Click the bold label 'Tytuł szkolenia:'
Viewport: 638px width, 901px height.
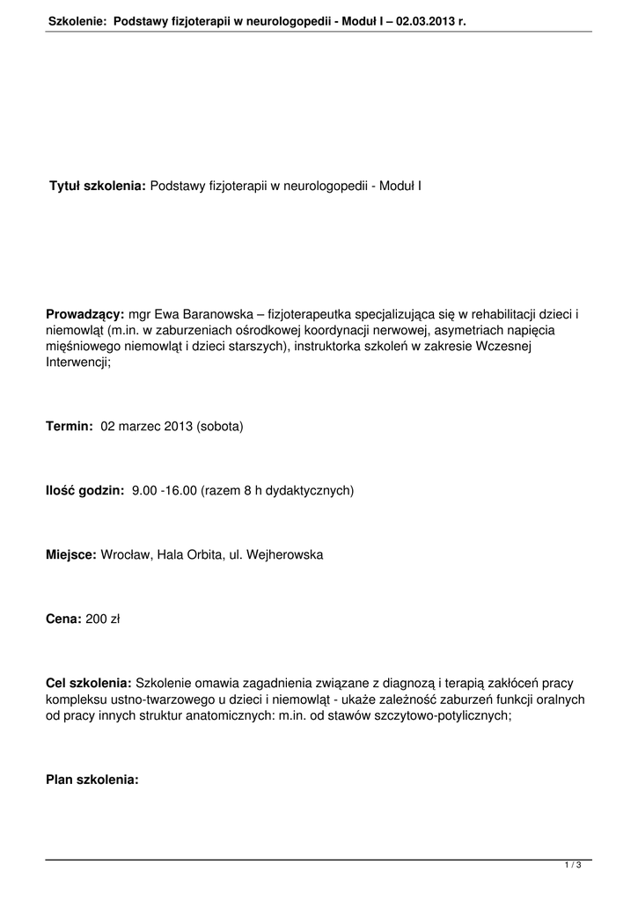97,187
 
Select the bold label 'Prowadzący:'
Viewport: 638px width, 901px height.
85,314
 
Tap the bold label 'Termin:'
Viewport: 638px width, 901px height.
70,427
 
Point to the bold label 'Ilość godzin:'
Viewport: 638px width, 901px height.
85,491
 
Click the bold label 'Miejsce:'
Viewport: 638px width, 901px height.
71,555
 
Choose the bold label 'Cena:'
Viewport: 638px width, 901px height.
63,619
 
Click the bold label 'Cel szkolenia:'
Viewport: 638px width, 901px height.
89,684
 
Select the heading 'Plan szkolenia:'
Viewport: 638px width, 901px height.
92,780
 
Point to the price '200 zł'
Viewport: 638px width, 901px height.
103,619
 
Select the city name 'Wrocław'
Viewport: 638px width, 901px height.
126,555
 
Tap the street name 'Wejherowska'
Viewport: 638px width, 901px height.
285,555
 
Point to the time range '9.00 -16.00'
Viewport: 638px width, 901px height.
164,491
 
